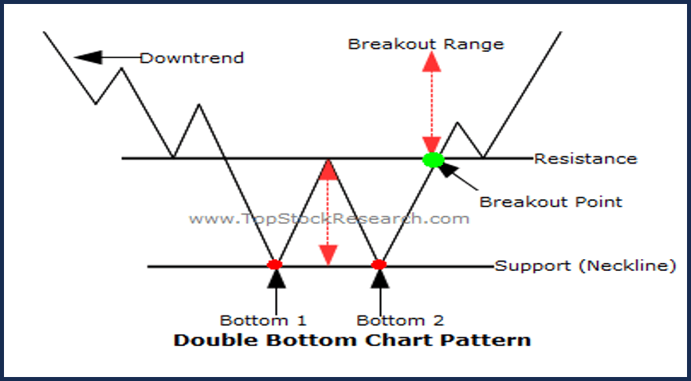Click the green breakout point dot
point(434,159)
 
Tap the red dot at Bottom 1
point(274,265)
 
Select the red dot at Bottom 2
point(379,265)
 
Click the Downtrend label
point(192,58)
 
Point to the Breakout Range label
point(426,44)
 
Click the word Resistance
point(586,159)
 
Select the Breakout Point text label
point(551,202)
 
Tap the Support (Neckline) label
point(585,266)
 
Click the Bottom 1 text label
point(263,320)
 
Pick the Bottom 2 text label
point(400,320)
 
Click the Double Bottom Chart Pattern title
point(352,340)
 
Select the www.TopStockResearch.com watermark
point(329,218)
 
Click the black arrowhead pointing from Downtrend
point(88,57)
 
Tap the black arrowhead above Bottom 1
point(277,279)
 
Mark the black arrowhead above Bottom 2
point(380,279)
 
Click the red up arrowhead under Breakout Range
point(431,61)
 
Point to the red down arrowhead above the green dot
point(431,144)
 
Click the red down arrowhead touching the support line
point(328,255)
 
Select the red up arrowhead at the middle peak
point(328,170)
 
